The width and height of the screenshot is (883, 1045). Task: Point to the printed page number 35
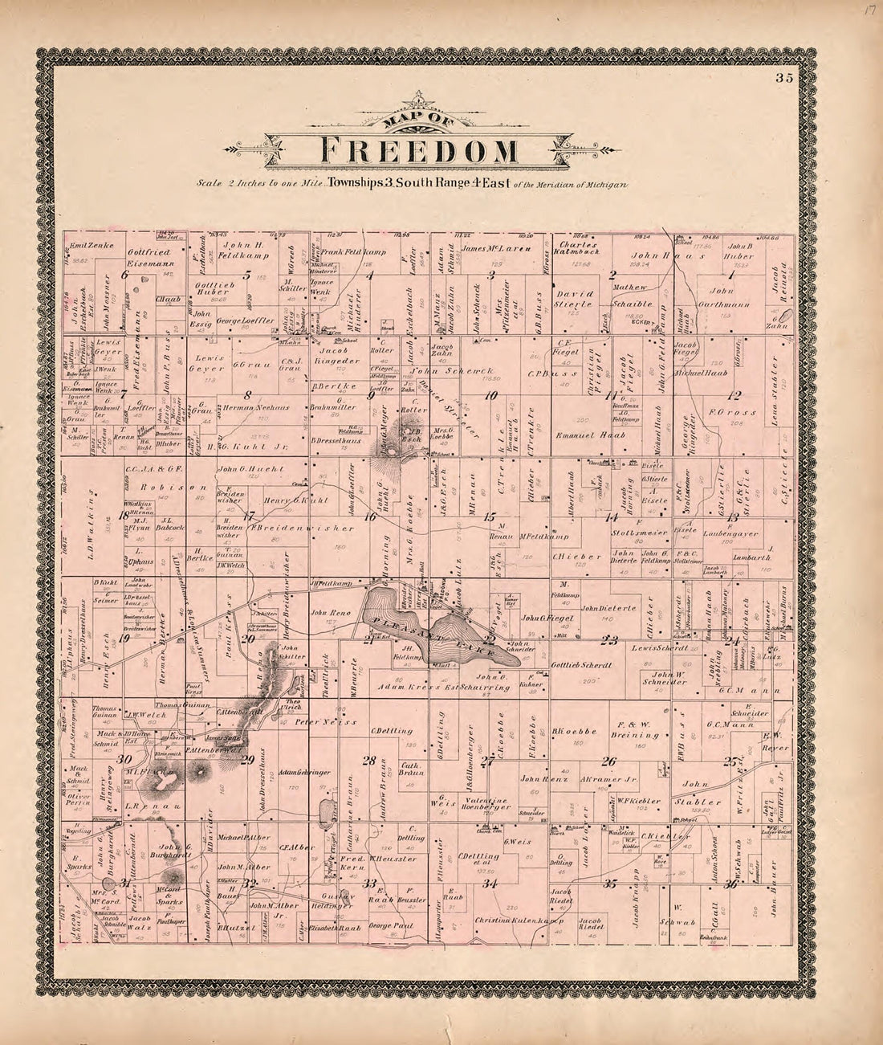[x=783, y=78]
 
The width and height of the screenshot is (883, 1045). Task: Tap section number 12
[x=733, y=394]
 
